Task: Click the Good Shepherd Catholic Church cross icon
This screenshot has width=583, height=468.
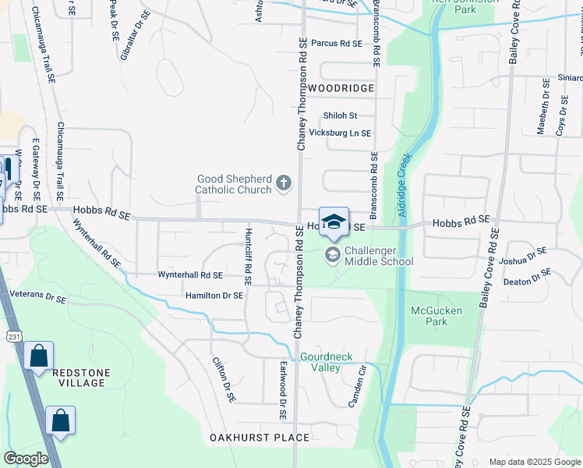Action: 284,184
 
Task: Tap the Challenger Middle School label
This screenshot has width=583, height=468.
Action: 378,256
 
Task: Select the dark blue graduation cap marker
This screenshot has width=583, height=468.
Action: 334,222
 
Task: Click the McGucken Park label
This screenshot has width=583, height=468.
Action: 436,317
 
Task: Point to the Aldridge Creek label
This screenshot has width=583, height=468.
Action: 404,179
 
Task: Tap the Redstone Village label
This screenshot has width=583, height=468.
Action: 79,378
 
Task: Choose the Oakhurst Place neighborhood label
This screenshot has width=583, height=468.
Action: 260,438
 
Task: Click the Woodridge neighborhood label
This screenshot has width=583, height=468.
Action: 341,89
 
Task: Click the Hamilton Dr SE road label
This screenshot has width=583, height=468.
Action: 214,296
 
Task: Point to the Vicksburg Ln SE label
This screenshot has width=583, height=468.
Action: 341,133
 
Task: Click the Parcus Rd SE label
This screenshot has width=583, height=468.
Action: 337,44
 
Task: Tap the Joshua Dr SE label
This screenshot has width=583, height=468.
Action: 523,257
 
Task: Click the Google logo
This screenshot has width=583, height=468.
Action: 26,459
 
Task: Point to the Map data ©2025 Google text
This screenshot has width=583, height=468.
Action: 534,462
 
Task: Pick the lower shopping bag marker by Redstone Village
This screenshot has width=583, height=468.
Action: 60,421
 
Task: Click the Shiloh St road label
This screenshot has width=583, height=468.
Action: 340,115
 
